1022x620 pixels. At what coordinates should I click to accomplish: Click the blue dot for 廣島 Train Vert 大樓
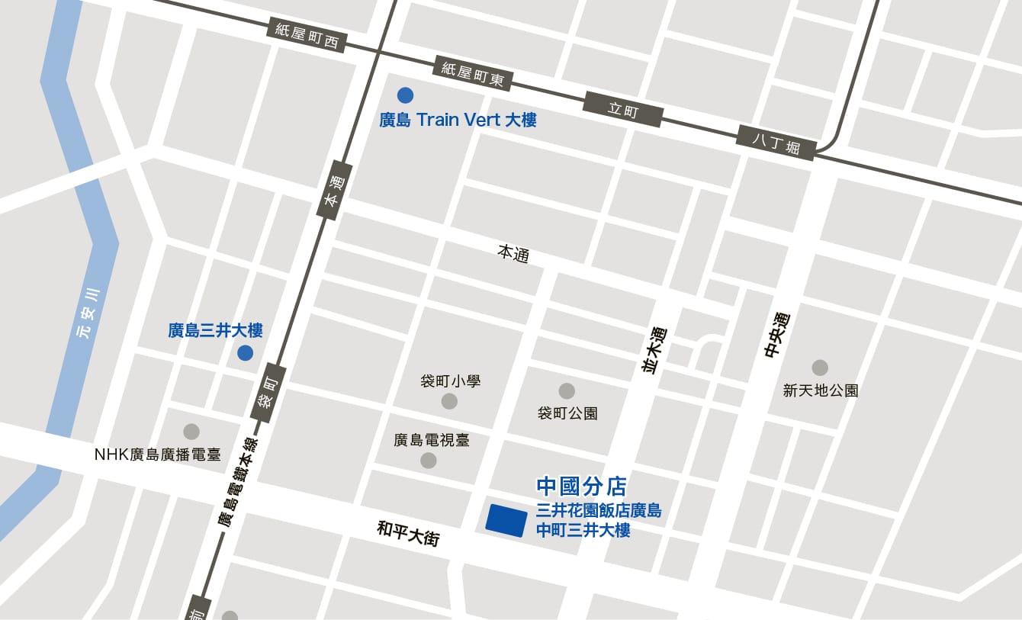click(405, 95)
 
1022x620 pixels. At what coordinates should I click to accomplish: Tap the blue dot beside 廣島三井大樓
click(245, 352)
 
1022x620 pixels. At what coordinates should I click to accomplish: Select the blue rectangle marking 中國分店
click(506, 521)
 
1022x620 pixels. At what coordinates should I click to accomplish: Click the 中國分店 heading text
click(581, 486)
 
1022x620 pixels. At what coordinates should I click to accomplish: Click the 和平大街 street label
click(408, 533)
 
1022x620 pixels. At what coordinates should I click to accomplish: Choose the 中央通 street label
click(775, 336)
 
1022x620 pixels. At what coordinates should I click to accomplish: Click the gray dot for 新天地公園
click(820, 368)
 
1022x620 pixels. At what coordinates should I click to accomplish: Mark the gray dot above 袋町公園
click(567, 391)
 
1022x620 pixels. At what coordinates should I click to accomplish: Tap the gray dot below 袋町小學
click(450, 401)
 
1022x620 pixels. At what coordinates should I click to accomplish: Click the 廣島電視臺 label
click(432, 440)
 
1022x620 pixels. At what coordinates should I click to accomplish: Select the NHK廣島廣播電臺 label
click(157, 455)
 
